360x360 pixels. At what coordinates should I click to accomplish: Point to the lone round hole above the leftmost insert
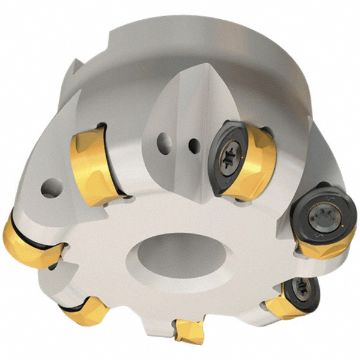pos(49,190)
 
